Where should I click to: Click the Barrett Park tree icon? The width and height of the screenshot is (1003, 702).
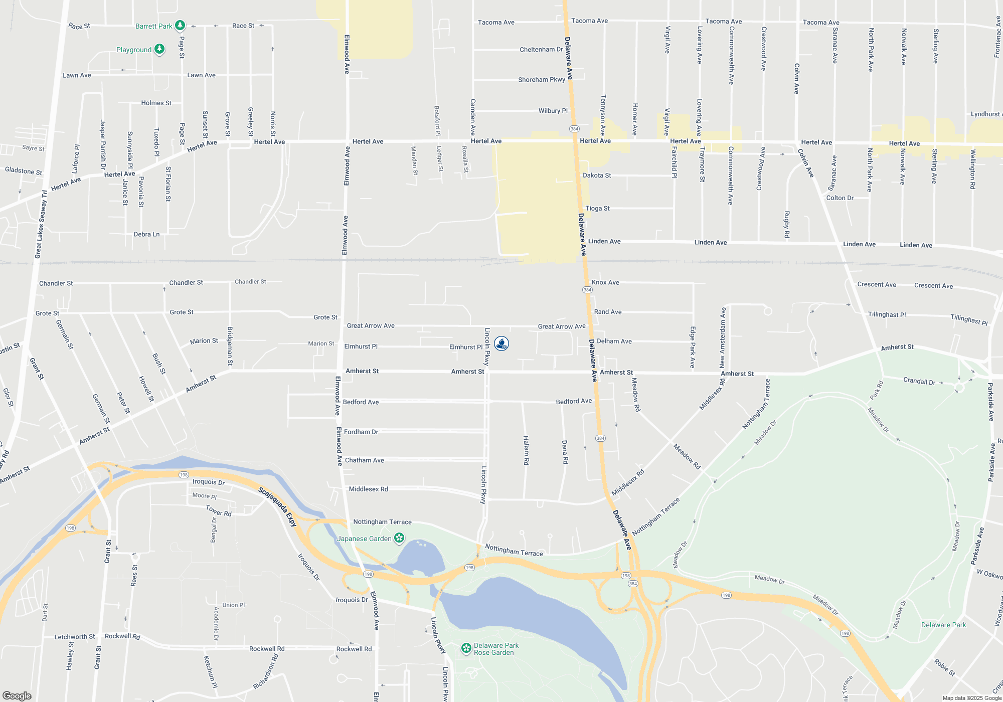(180, 26)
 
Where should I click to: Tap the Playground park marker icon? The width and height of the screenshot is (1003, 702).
(159, 49)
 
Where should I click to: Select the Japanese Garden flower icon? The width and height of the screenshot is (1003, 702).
(399, 539)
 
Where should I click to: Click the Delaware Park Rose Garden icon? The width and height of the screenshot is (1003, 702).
(466, 648)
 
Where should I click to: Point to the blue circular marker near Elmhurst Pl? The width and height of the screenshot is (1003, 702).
(501, 343)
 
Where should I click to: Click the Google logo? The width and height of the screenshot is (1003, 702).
(17, 696)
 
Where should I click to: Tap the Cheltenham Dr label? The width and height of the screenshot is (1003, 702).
(541, 50)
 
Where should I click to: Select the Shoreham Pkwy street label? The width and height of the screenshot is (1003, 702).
(542, 80)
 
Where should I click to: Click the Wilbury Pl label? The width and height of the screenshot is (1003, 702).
(553, 111)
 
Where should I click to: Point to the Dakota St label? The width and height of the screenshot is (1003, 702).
(597, 175)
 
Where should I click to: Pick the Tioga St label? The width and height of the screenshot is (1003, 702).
(597, 209)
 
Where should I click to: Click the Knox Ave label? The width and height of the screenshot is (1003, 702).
(605, 283)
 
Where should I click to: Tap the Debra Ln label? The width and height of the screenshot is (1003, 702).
(146, 234)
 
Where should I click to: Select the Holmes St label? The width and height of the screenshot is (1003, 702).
(156, 103)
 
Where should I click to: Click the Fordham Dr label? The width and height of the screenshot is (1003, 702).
(361, 432)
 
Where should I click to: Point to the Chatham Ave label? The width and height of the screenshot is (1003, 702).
(364, 460)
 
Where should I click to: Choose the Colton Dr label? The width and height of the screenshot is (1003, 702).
(840, 198)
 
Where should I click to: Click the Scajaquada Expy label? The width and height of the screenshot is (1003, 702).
(277, 507)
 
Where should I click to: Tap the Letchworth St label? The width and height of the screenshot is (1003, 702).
(74, 637)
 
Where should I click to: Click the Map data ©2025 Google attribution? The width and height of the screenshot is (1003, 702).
(971, 698)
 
